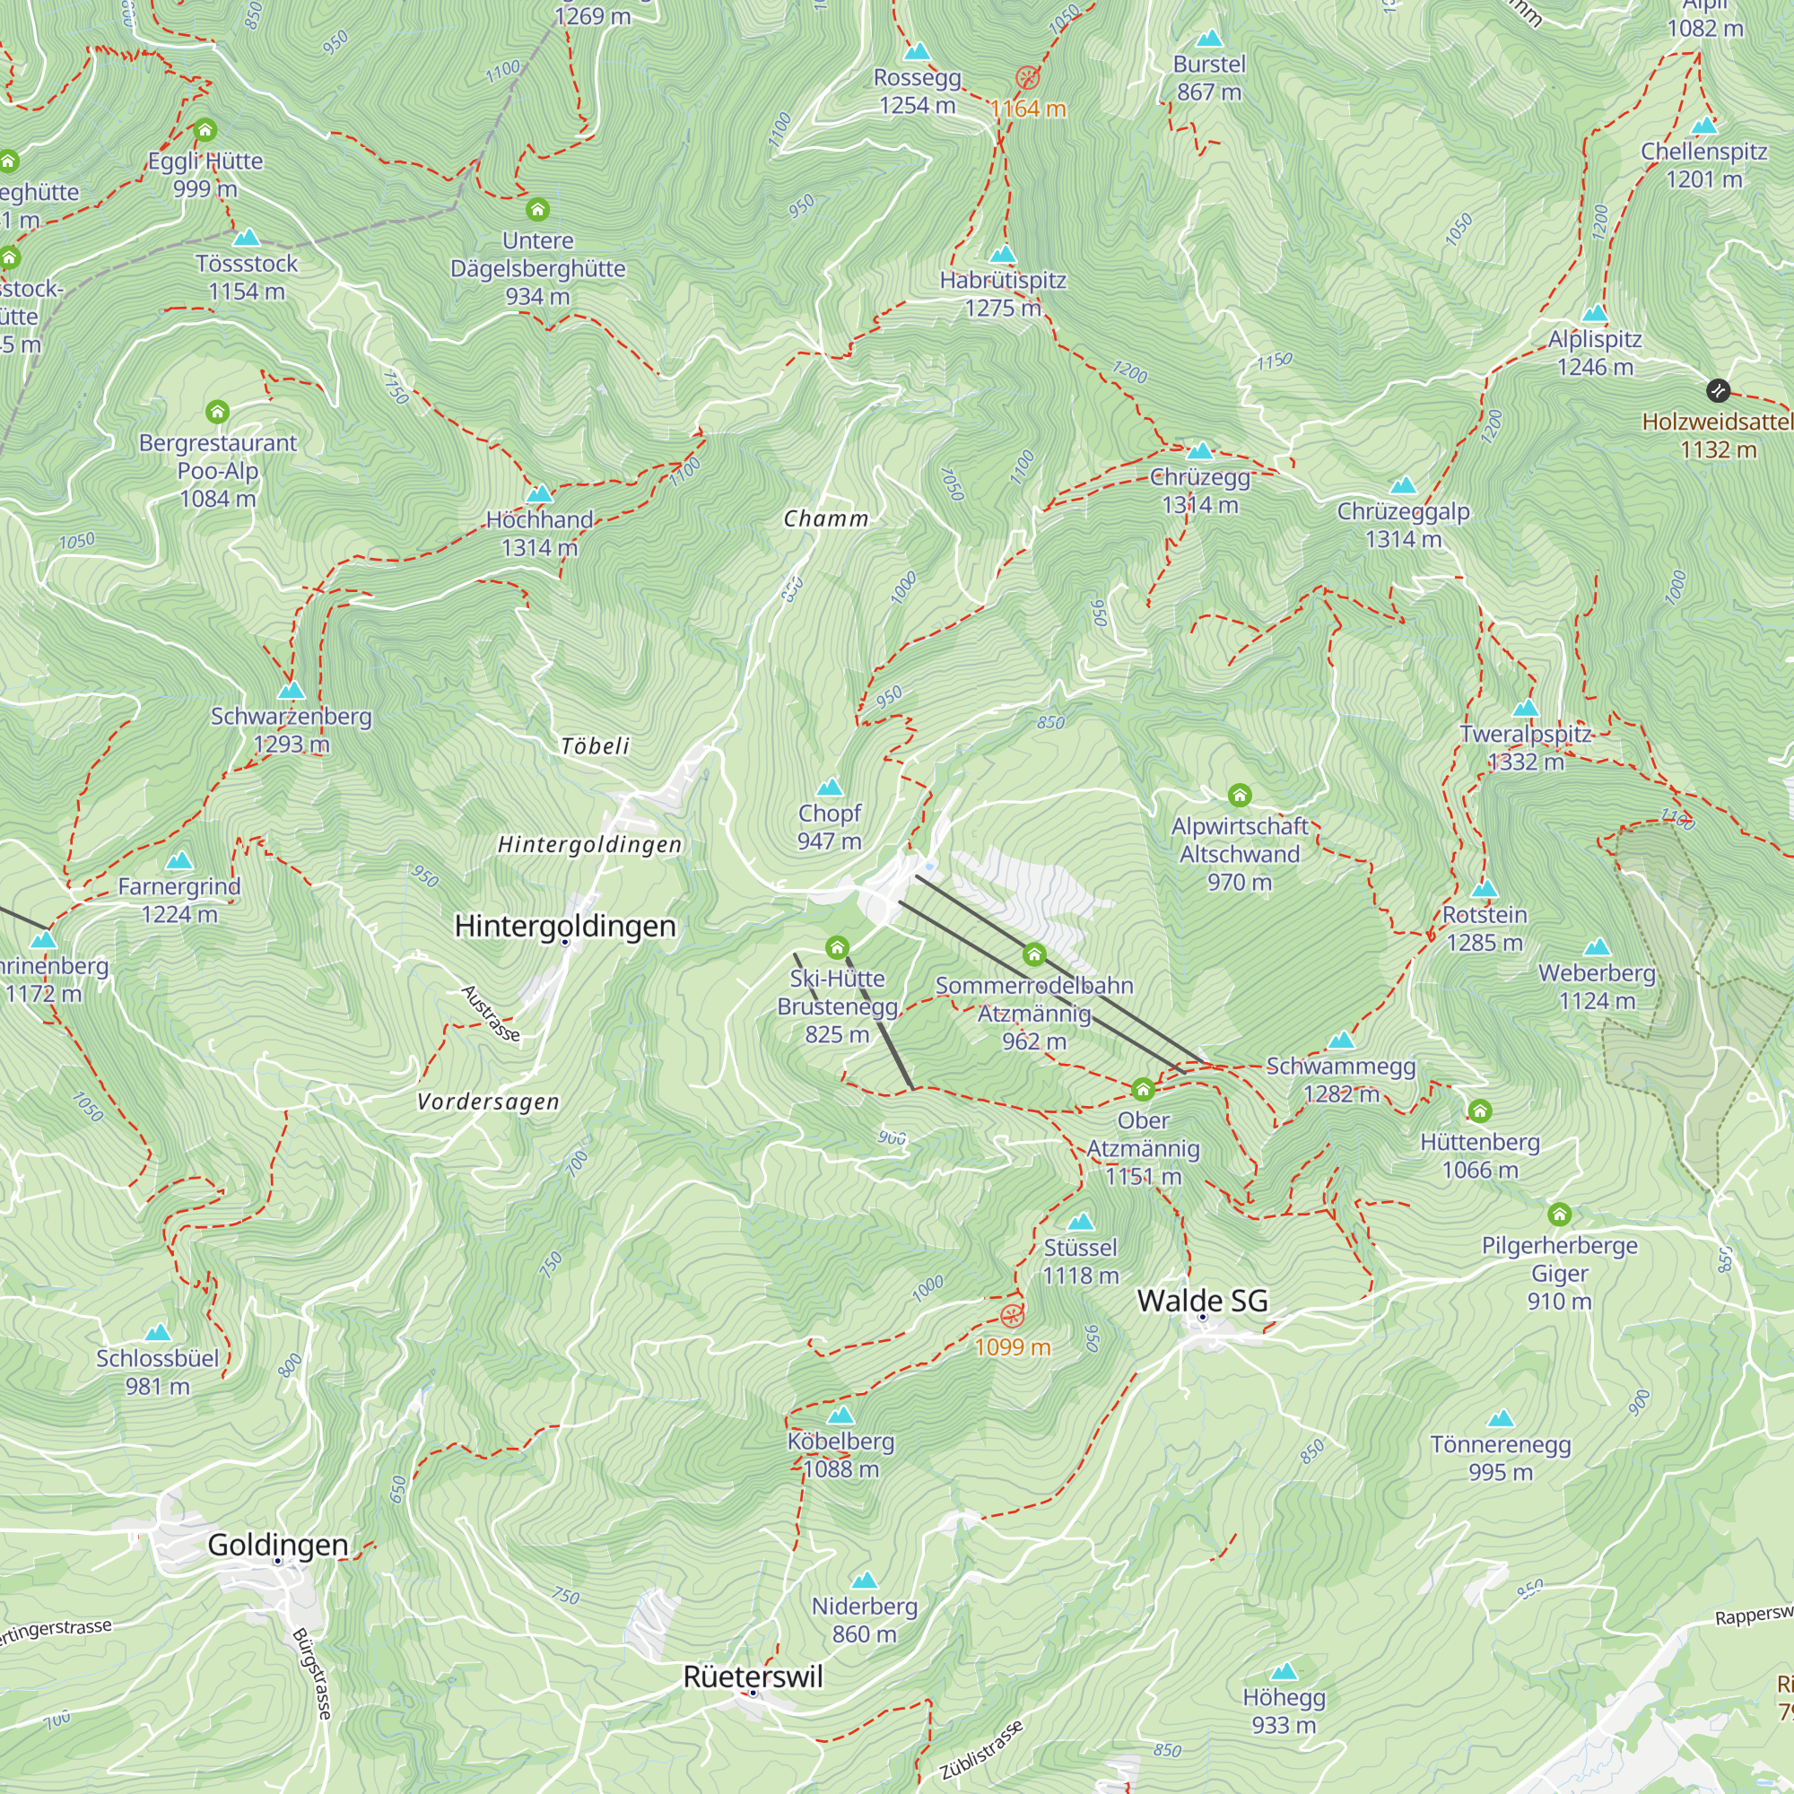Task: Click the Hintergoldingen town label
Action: coord(564,926)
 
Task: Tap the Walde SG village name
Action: coord(1202,1301)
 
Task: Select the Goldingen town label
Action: coord(278,1546)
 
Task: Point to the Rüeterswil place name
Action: coord(753,1677)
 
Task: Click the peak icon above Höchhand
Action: coord(539,494)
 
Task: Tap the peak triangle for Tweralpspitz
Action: coord(1526,710)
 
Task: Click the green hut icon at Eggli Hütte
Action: coord(205,130)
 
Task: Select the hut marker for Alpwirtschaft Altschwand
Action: coord(1239,795)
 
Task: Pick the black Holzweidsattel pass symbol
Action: coord(1718,390)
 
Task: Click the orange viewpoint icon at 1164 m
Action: coord(1027,78)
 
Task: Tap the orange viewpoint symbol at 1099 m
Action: coord(1012,1316)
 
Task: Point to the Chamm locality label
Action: coord(825,519)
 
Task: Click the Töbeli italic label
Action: coord(596,746)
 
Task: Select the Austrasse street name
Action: coord(492,1013)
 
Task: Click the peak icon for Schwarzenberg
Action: coord(292,691)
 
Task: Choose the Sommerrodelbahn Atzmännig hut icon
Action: coord(1034,954)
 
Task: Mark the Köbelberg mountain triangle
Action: coord(840,1415)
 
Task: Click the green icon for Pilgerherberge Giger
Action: coord(1559,1215)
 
